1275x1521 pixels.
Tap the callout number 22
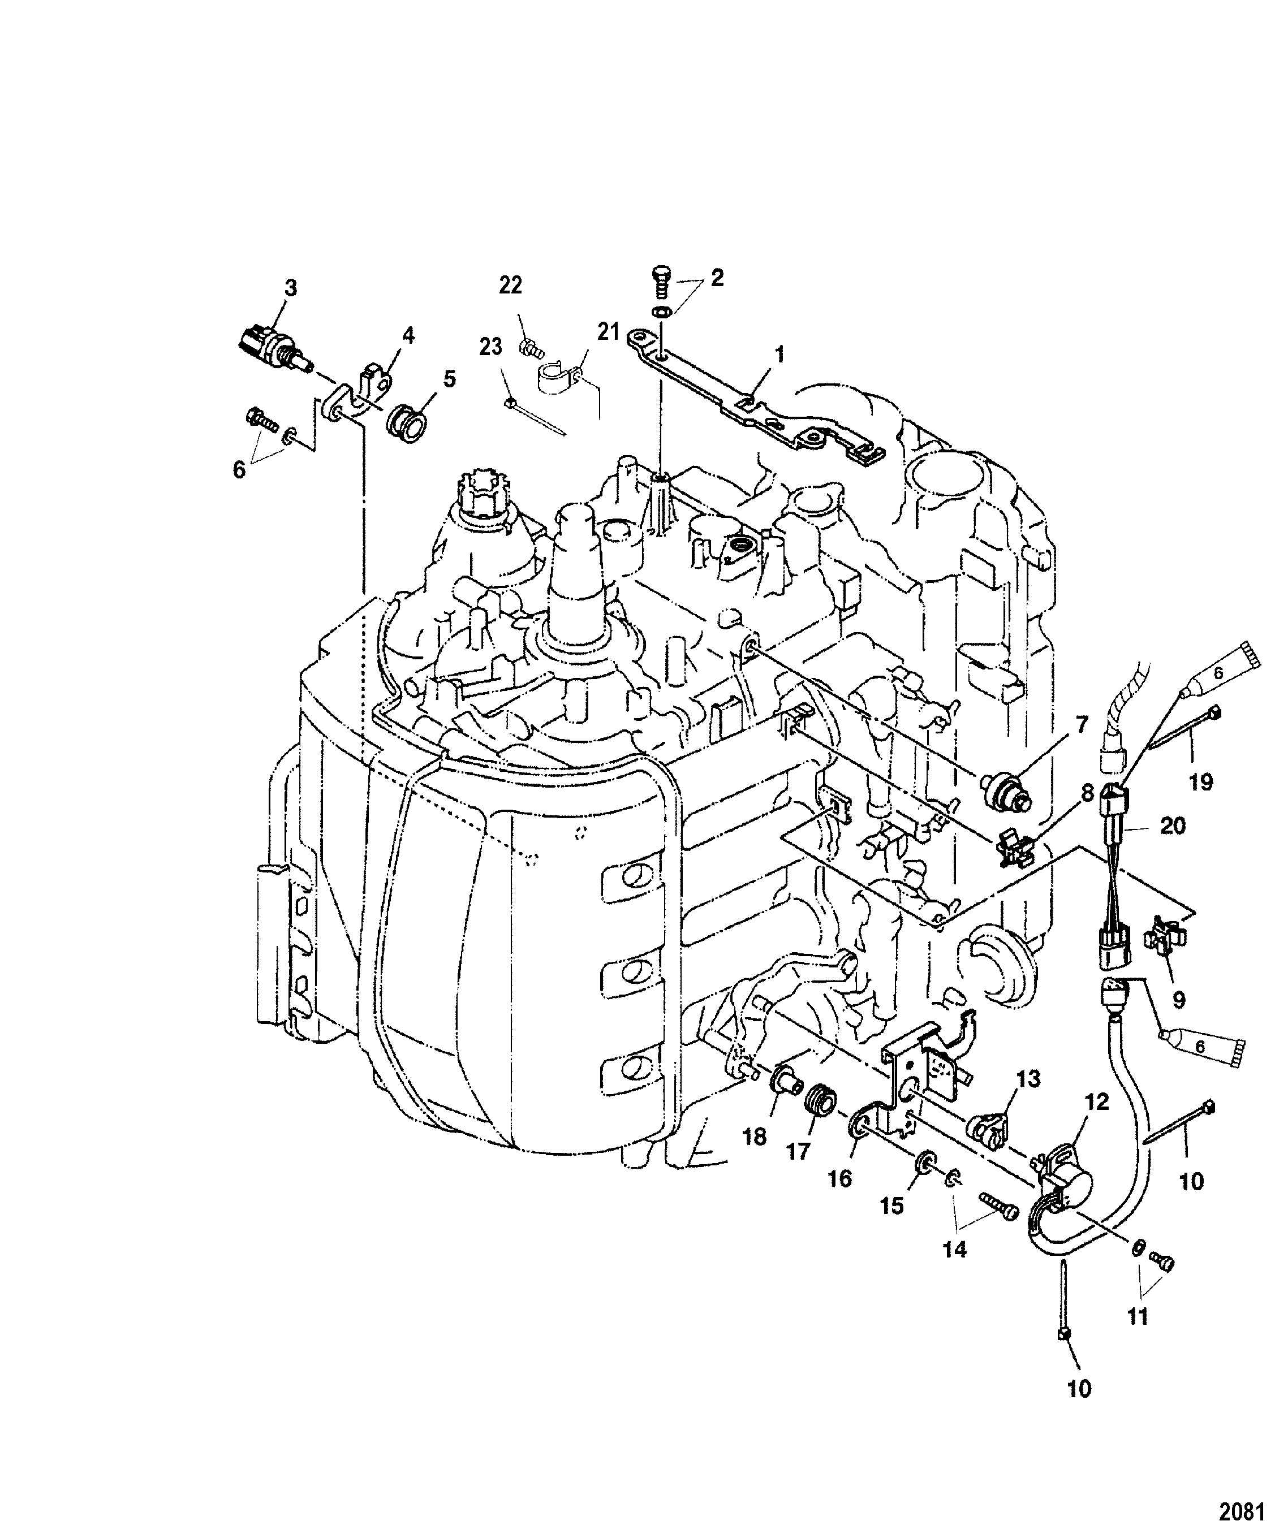(511, 286)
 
